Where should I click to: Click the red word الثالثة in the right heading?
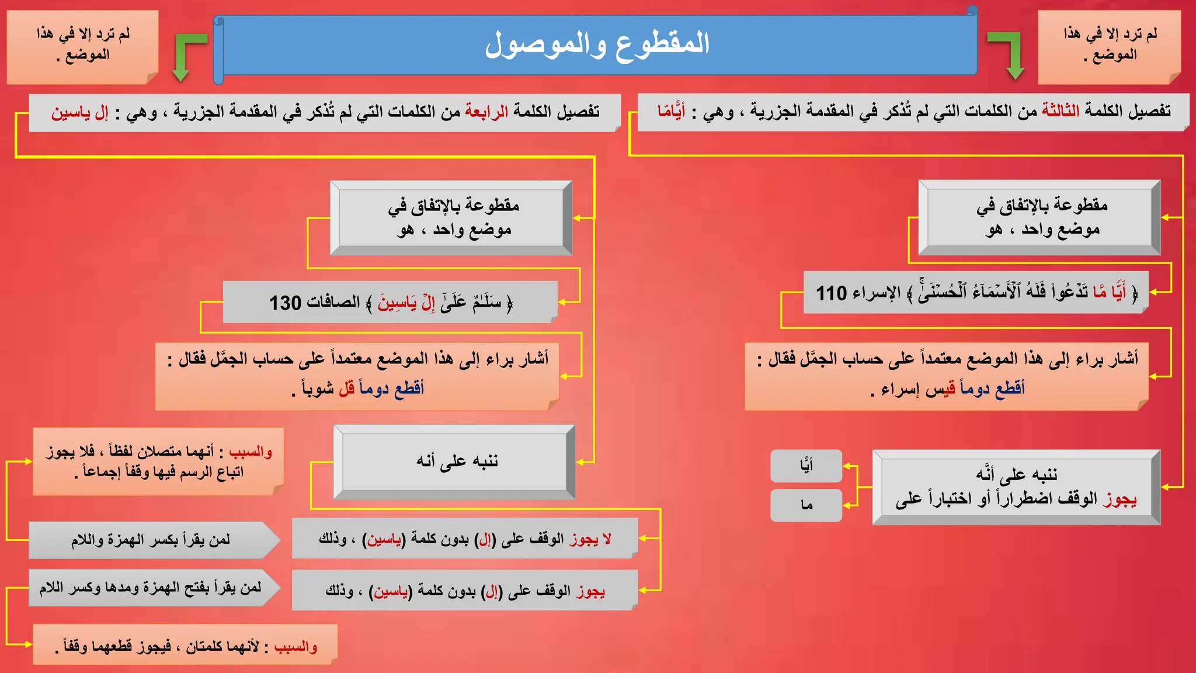click(x=1061, y=110)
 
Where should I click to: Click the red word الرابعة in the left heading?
click(x=486, y=111)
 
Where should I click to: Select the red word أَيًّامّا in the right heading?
click(x=671, y=111)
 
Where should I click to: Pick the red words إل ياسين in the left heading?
click(x=80, y=112)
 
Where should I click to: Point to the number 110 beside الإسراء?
click(x=831, y=293)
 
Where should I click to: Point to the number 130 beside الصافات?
click(x=285, y=303)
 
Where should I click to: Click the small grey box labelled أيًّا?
click(x=806, y=466)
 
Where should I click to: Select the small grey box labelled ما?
click(x=806, y=505)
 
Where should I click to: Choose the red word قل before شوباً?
click(x=347, y=388)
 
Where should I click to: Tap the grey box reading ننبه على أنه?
click(x=454, y=462)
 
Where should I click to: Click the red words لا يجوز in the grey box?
click(x=591, y=539)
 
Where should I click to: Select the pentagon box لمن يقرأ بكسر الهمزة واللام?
click(x=151, y=540)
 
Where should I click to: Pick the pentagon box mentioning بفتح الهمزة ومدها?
click(x=151, y=588)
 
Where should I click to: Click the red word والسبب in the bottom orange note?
click(x=295, y=647)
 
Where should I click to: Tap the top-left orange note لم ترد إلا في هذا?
click(x=83, y=46)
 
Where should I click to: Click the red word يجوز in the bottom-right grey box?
click(x=590, y=591)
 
